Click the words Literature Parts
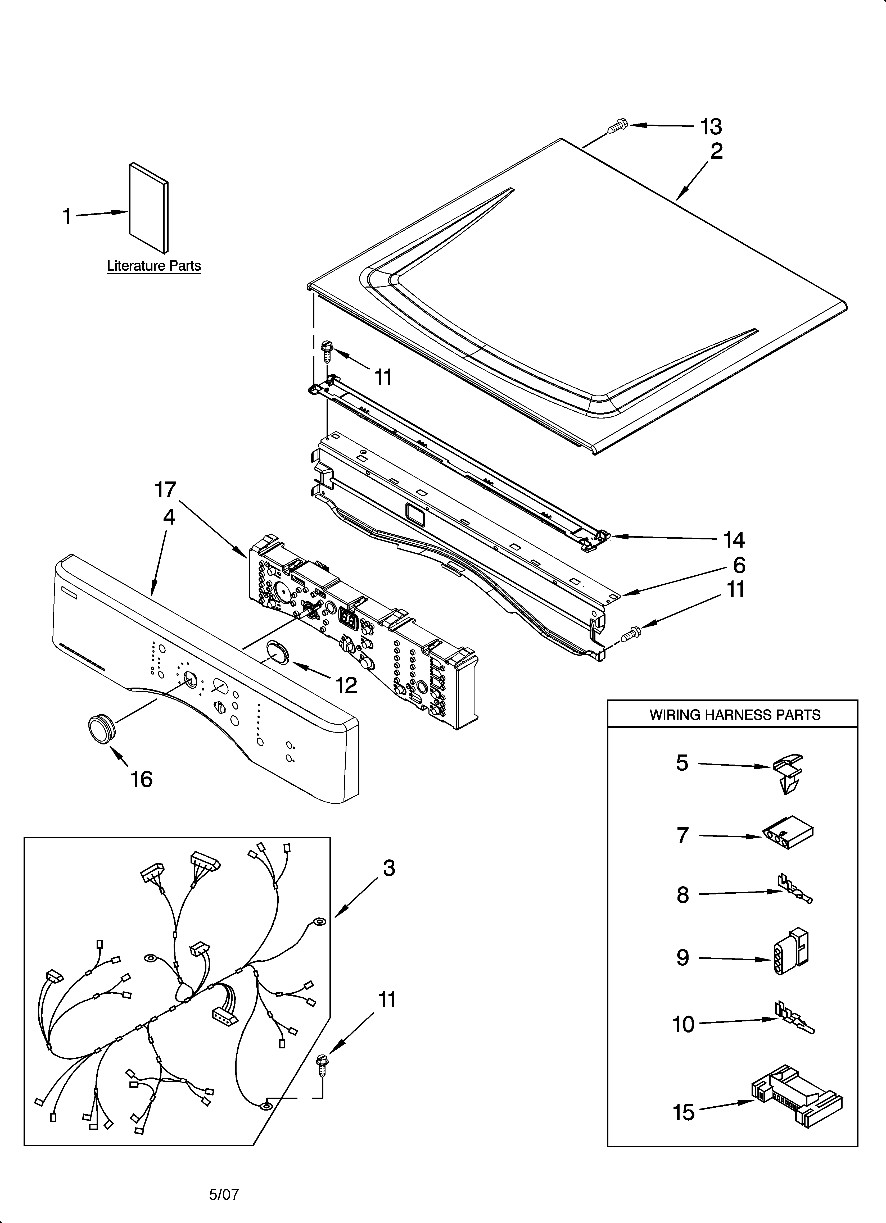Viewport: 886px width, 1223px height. click(x=154, y=266)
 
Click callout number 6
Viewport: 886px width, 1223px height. click(x=739, y=565)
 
